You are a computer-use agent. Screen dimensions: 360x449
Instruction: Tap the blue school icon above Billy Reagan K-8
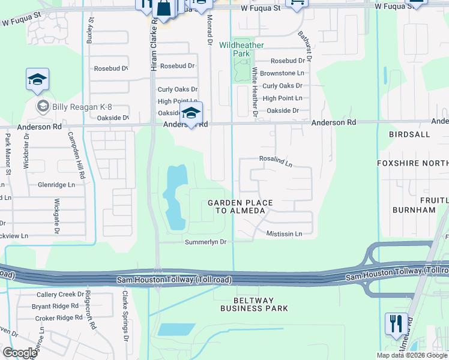coord(37,80)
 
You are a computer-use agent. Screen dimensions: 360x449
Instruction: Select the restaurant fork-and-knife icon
coord(396,325)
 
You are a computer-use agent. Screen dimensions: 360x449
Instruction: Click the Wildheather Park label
coord(241,49)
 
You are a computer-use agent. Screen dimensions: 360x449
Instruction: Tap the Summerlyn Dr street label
coord(205,242)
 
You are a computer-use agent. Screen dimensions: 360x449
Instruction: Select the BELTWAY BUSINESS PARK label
coord(254,304)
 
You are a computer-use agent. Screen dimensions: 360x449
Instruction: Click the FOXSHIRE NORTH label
coord(412,163)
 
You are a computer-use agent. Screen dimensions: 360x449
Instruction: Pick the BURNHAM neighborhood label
coord(414,210)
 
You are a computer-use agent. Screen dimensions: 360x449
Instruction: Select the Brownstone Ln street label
coord(282,73)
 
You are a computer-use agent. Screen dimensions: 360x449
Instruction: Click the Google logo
coord(20,353)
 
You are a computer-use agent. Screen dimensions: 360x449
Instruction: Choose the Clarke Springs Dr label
coord(125,325)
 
